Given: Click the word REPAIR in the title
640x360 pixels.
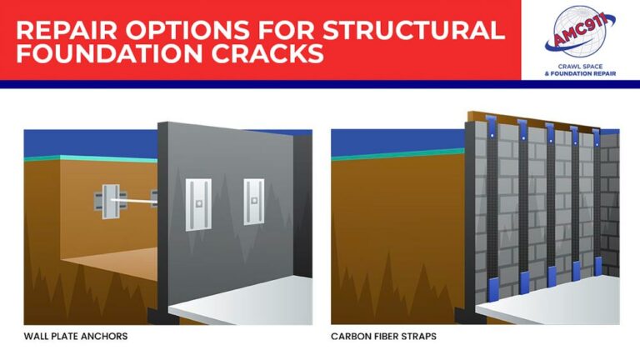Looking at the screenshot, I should (61, 30).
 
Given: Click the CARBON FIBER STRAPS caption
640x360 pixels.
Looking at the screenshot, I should (383, 337).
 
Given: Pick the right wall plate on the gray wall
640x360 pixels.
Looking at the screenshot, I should (253, 201).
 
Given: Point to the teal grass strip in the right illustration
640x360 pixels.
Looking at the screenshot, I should (392, 153).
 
